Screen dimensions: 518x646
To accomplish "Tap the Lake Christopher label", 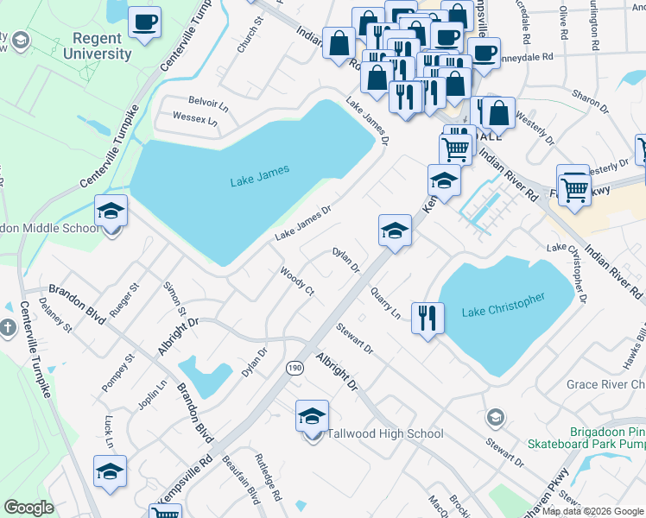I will tap(503, 306).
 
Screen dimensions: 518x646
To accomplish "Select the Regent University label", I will tap(102, 46).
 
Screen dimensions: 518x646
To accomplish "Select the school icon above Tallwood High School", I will tap(312, 417).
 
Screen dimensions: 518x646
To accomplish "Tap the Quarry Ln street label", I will tap(385, 303).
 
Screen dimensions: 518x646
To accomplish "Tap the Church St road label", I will tap(249, 40).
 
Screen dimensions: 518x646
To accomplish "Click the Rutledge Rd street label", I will tap(268, 479).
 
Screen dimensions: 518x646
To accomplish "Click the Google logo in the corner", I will tap(29, 508).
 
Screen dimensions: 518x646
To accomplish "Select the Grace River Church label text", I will tap(605, 384).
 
